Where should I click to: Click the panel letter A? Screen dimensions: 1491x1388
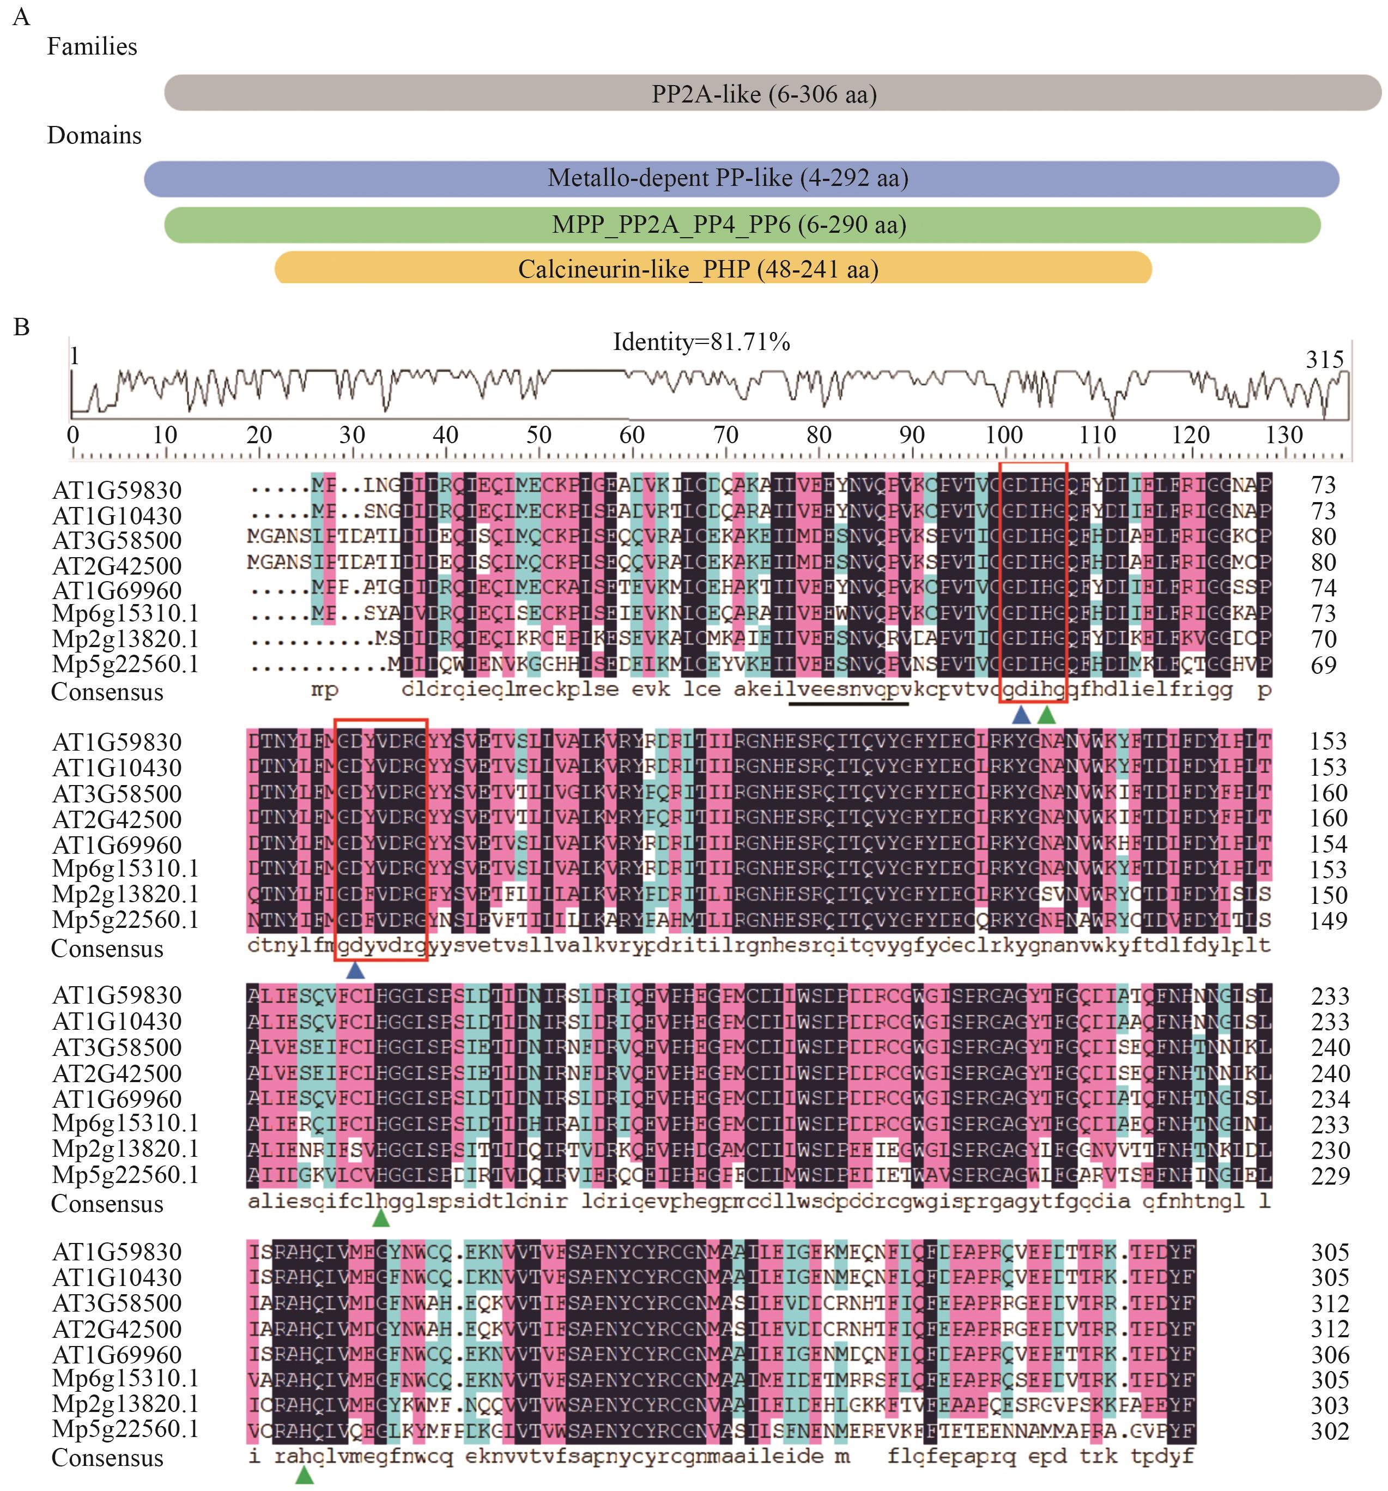pos(21,16)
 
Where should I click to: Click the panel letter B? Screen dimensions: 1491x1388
pos(21,327)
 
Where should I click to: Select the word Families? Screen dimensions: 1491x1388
pos(92,46)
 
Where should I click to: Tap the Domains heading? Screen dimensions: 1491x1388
pos(94,135)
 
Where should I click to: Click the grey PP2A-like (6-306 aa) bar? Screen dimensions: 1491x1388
pos(772,93)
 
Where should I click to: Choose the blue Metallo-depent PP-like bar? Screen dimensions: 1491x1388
pos(741,178)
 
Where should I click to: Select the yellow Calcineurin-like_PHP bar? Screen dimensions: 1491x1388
pos(712,269)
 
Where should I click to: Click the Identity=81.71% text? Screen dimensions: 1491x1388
pos(701,342)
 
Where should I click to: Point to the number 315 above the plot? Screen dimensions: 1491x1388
pos(1324,359)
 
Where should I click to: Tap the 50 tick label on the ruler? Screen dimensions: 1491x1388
pos(538,435)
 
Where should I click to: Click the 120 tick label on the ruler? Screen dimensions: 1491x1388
pos(1191,435)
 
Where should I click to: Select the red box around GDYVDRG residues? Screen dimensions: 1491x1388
pos(381,721)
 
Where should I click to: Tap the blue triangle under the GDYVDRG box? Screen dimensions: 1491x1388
pos(355,970)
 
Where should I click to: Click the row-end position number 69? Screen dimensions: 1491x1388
pos(1324,665)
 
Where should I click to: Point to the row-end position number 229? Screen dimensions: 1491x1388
pos(1330,1175)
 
